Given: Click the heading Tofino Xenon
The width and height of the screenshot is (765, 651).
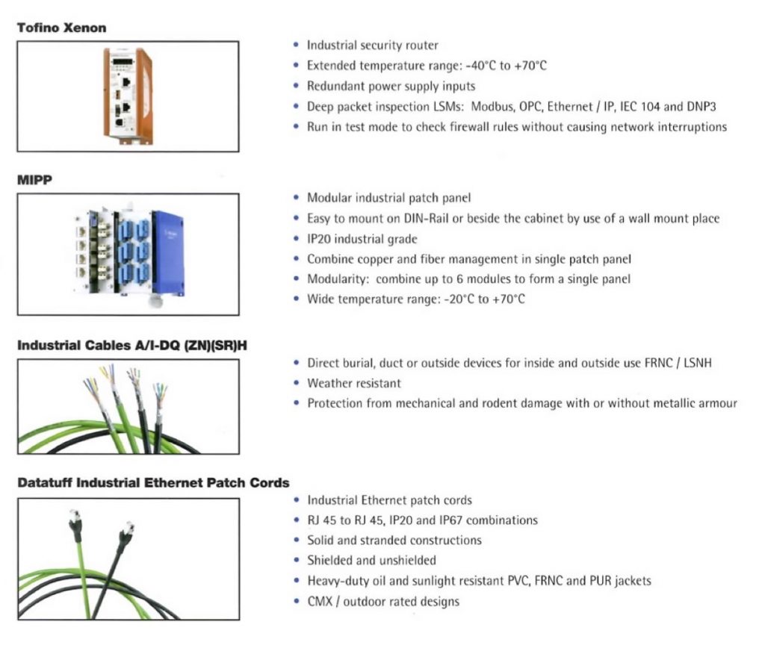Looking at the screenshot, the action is [61, 28].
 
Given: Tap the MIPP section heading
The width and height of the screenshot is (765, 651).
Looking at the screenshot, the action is [34, 180].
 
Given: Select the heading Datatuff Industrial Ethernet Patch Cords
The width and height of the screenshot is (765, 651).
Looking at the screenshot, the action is [153, 483].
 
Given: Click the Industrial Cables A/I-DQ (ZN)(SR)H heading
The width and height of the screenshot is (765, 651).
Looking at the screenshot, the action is [132, 346].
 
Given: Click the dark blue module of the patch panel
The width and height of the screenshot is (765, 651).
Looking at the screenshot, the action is [168, 252].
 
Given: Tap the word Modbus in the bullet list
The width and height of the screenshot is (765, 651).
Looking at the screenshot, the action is [492, 106].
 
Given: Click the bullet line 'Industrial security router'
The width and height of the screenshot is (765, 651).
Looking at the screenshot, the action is [372, 46].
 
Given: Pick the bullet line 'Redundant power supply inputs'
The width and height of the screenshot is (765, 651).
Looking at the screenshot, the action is [391, 87].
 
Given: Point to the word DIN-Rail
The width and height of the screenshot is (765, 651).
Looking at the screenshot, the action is [426, 219].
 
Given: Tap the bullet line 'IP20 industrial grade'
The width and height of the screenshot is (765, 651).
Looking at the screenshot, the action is [362, 239].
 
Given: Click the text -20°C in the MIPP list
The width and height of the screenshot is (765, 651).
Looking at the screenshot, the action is [459, 299].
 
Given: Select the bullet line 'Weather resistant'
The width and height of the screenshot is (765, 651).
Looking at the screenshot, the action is [353, 383].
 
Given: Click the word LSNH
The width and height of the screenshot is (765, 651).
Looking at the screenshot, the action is [697, 363].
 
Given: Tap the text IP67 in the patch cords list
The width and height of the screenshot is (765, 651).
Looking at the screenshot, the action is [450, 520].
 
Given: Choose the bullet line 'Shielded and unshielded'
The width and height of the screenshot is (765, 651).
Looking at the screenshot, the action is [371, 561].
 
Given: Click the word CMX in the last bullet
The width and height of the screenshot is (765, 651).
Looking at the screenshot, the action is [320, 601].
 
